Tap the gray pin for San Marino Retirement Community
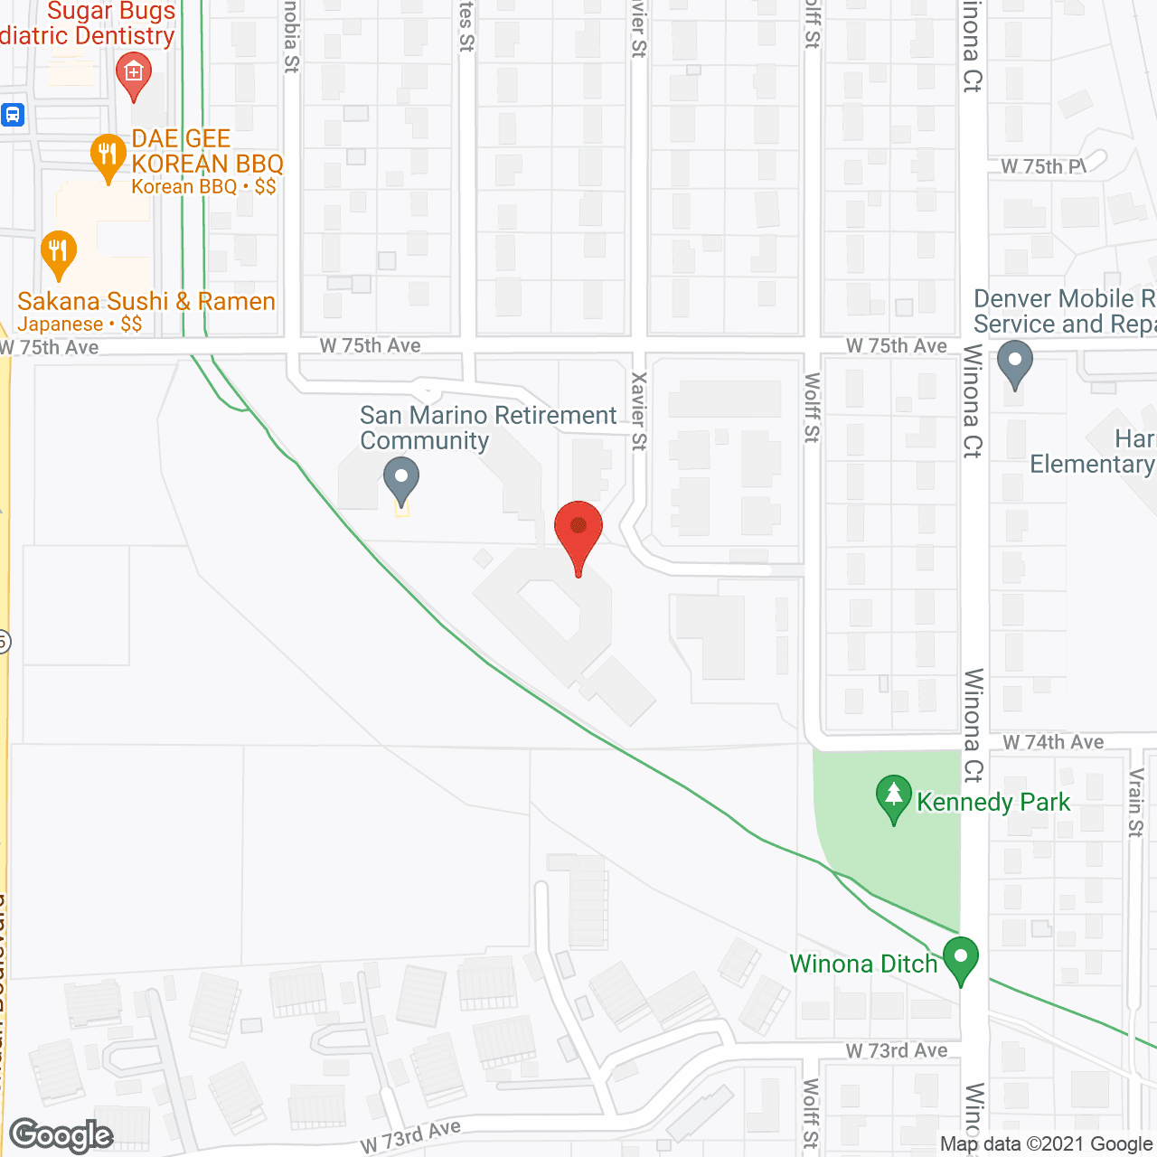click(x=401, y=480)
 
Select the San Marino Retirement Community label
click(x=488, y=428)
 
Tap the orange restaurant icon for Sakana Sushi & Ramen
click(x=59, y=254)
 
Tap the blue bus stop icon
click(x=12, y=115)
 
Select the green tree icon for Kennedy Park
click(x=894, y=798)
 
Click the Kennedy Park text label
click(x=993, y=802)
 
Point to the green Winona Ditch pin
click(x=960, y=960)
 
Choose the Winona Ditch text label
click(x=863, y=964)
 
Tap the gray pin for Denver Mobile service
click(x=1014, y=362)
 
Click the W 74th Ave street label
click(x=1053, y=742)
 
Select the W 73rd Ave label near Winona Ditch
click(x=897, y=1050)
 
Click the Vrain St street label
click(x=1136, y=802)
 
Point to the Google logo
click(x=61, y=1135)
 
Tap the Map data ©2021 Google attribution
click(x=1046, y=1143)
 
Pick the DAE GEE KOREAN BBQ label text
click(x=207, y=151)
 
